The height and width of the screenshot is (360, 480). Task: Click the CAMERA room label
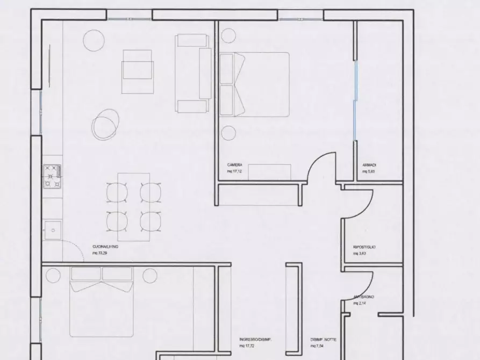pyautogui.click(x=234, y=165)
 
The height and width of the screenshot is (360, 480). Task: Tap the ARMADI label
pyautogui.click(x=369, y=165)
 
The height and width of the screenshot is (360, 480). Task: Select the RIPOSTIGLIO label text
pyautogui.click(x=364, y=247)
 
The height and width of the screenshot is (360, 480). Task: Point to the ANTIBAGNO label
pyautogui.click(x=364, y=297)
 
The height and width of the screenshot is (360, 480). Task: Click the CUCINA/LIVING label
pyautogui.click(x=105, y=247)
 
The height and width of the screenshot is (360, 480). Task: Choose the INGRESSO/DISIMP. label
pyautogui.click(x=255, y=340)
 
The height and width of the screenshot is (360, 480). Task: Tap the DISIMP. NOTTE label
pyautogui.click(x=324, y=340)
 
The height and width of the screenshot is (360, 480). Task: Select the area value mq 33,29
pyautogui.click(x=100, y=253)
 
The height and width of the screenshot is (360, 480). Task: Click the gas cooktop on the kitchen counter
pyautogui.click(x=53, y=176)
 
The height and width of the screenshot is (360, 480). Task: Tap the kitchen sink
pyautogui.click(x=53, y=229)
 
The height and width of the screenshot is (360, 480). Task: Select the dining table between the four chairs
pyautogui.click(x=133, y=206)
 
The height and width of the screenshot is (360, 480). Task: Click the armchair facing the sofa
pyautogui.click(x=138, y=68)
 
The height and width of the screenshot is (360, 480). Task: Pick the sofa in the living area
pyautogui.click(x=194, y=73)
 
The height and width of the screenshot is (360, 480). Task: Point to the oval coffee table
pyautogui.click(x=104, y=123)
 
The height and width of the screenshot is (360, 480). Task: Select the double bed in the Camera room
pyautogui.click(x=255, y=84)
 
